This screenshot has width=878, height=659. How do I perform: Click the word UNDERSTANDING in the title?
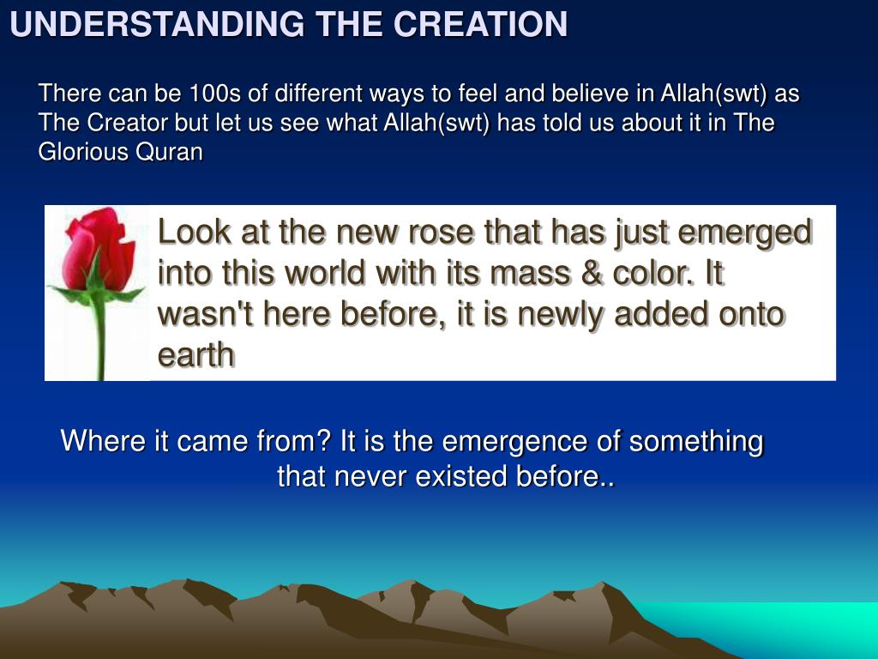coord(158,24)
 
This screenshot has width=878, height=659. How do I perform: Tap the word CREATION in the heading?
coord(480,24)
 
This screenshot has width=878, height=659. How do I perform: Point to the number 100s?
coord(214,93)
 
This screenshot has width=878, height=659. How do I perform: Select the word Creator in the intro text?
coord(127,123)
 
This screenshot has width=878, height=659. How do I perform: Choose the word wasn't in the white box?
coord(206,313)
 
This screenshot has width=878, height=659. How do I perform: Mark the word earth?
coord(195,354)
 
